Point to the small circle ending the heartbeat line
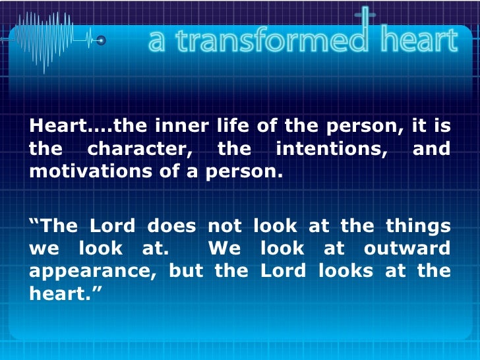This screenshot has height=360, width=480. coord(101,41)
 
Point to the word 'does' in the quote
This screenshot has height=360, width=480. coord(171,226)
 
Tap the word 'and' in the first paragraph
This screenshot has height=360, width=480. coord(431,150)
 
